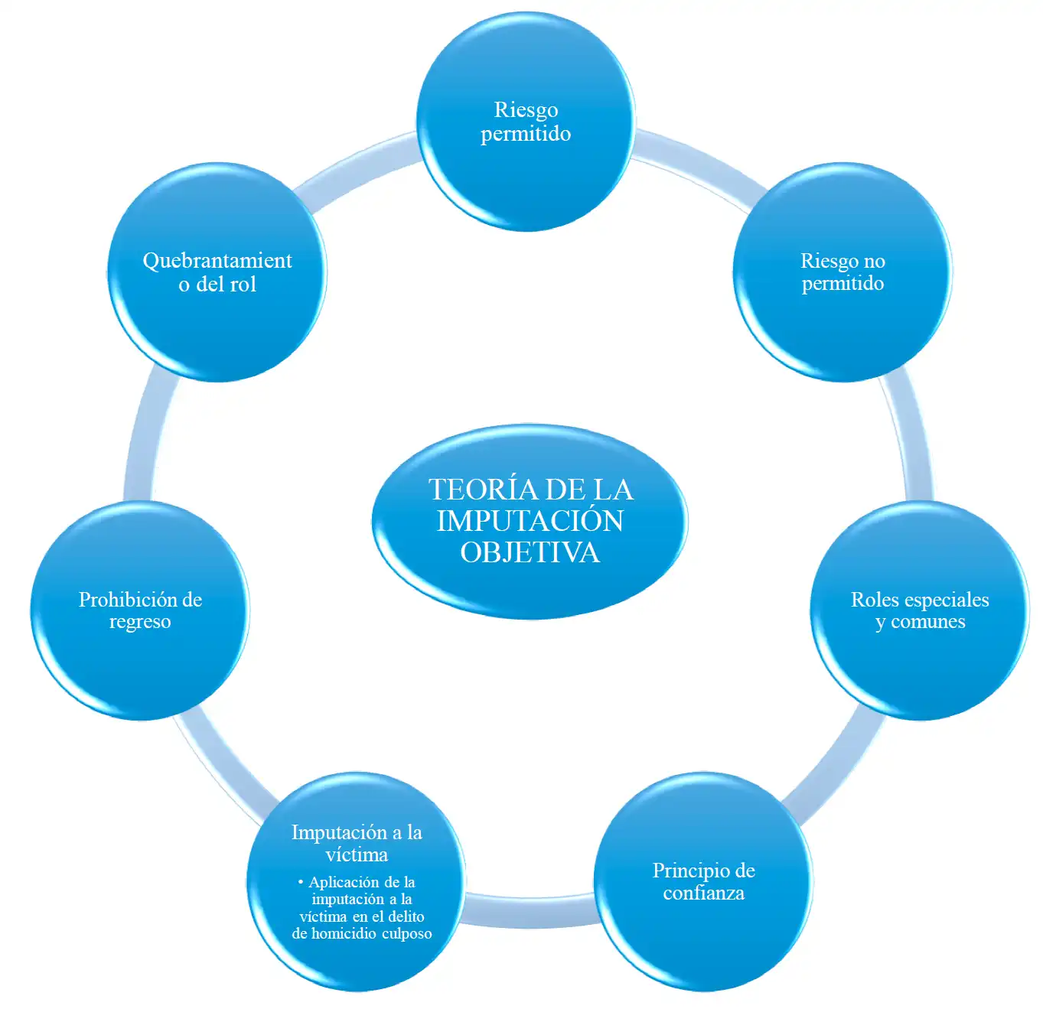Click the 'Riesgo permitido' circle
click(x=526, y=168)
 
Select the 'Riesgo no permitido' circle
click(x=843, y=321)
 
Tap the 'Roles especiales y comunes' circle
click(x=919, y=658)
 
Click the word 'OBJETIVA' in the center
click(x=530, y=552)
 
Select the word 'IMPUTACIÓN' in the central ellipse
click(x=530, y=521)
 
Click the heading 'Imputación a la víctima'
click(x=357, y=843)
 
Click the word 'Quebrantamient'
click(x=217, y=261)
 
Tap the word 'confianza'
click(x=703, y=893)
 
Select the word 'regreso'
click(x=140, y=621)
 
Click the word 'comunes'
click(x=927, y=621)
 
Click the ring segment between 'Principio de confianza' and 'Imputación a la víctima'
click(x=530, y=910)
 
